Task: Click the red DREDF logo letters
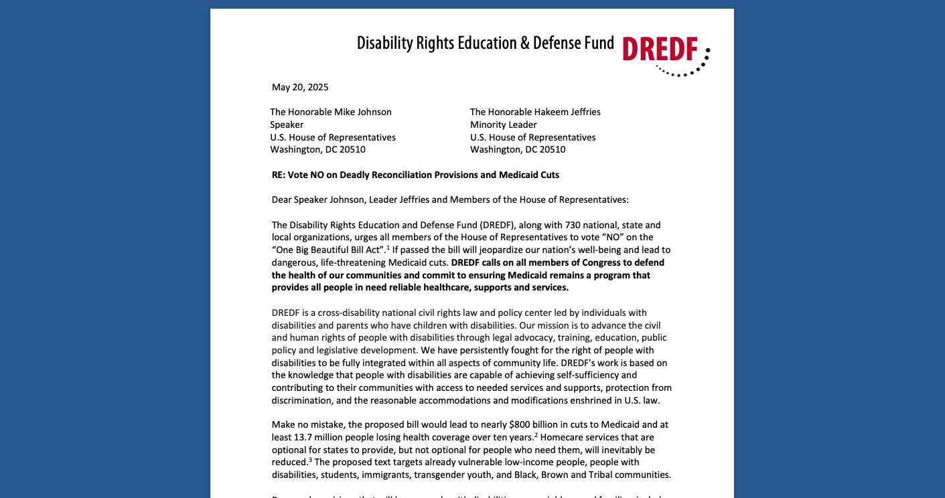(x=660, y=49)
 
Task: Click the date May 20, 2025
(x=300, y=87)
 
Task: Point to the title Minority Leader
(x=503, y=124)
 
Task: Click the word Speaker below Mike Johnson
(x=287, y=124)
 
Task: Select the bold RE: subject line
(x=415, y=175)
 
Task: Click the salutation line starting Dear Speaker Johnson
(x=450, y=199)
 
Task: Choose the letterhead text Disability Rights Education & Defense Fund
(x=485, y=44)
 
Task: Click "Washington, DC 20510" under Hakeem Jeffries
(x=517, y=149)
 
